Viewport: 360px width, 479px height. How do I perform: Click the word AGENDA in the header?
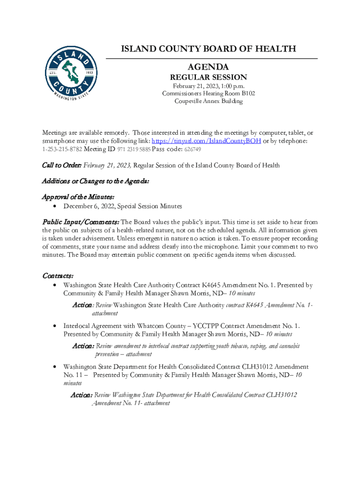209,67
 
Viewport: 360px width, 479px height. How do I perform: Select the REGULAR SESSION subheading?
209,77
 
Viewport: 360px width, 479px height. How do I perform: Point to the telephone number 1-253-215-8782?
62,149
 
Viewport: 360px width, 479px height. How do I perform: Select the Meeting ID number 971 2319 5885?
133,150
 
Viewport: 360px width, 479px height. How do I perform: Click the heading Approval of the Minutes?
79,197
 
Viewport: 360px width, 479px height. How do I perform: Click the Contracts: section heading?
58,276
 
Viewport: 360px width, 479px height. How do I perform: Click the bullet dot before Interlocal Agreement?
56,326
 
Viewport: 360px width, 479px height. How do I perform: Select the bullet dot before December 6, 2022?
56,206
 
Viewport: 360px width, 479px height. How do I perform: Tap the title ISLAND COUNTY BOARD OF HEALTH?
209,49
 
